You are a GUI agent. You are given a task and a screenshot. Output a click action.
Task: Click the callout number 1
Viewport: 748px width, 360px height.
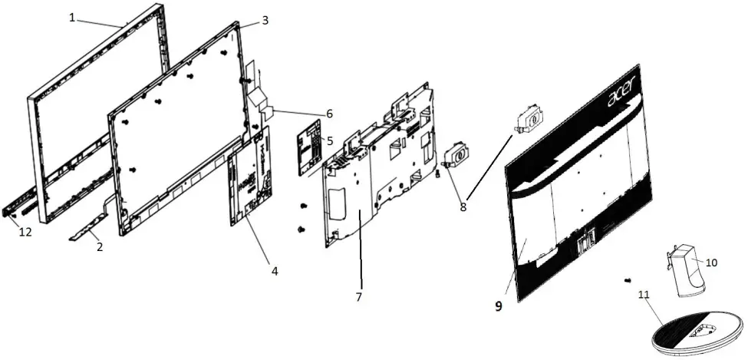pos(73,16)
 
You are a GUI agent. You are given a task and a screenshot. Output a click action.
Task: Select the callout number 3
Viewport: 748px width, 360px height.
pos(265,20)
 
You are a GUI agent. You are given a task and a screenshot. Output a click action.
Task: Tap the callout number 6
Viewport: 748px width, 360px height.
pos(329,114)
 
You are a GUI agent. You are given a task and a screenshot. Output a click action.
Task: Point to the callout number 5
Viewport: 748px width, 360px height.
pos(329,140)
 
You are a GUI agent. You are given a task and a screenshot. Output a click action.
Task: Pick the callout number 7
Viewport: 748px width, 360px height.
pos(358,296)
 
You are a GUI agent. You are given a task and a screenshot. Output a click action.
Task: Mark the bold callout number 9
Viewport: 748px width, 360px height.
pos(498,306)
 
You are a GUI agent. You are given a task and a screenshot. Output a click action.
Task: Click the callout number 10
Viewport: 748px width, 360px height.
pos(711,263)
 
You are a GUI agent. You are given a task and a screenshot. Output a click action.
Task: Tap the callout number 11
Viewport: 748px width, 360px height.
pos(643,294)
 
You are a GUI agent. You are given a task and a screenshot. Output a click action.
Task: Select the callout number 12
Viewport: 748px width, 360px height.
pos(25,233)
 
